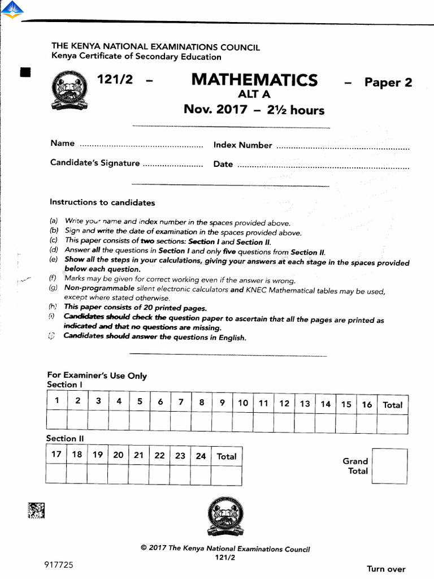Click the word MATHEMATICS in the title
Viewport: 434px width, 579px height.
[254, 80]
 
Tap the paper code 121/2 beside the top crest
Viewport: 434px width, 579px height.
[115, 80]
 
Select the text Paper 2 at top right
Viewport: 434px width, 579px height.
[388, 83]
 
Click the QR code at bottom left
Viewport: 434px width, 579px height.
[36, 511]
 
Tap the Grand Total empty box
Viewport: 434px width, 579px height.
[390, 466]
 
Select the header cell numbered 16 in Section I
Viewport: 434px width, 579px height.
[367, 404]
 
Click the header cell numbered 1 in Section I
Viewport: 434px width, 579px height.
[57, 401]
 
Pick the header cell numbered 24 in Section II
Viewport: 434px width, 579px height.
[201, 455]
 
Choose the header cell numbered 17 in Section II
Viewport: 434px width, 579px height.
[56, 455]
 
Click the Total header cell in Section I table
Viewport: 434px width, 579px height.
[392, 404]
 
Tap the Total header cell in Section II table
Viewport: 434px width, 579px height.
[227, 456]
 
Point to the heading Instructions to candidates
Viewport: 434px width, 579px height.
[102, 202]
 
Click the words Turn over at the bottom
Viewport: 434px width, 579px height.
[386, 569]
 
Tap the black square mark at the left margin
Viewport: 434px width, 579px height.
[25, 72]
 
